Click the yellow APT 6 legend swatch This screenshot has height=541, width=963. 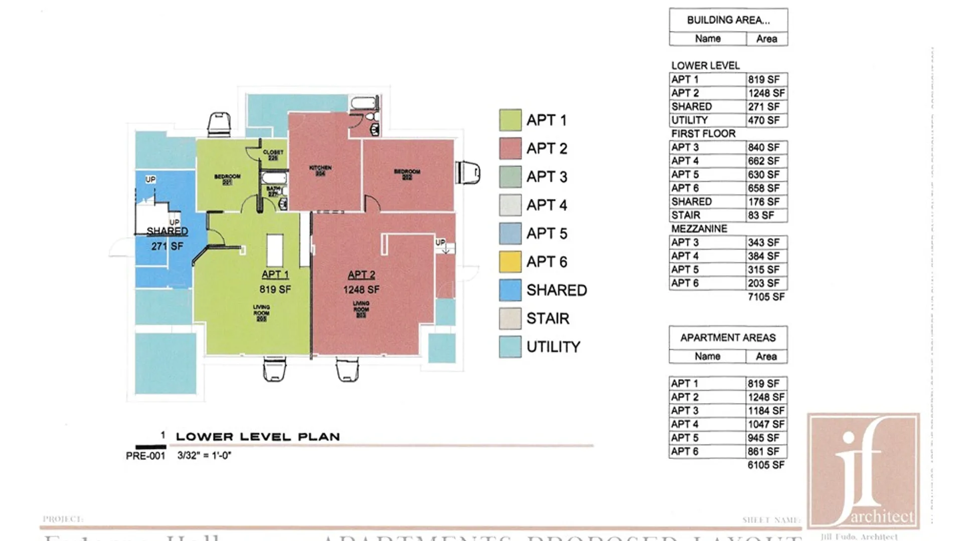coord(510,261)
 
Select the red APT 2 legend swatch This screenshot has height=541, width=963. coord(510,148)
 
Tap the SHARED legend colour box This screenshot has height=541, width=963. coord(510,290)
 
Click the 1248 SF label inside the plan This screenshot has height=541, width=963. coord(361,290)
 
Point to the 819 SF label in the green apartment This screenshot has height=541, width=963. coord(275,289)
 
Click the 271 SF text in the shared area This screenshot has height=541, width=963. coord(167,246)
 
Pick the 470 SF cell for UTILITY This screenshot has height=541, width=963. coord(764,120)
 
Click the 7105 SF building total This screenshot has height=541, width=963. coord(766,297)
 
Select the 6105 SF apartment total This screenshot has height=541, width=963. coord(766,465)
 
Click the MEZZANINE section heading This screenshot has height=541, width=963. coord(699,229)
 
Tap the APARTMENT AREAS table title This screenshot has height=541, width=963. coord(728,338)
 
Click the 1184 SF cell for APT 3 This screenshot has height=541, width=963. coord(766,411)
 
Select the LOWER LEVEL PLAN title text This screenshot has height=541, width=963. coord(258,437)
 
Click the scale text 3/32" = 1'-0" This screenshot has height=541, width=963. coord(204,456)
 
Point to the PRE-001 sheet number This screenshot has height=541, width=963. coord(145,456)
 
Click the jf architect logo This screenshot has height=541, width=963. coord(863,471)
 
